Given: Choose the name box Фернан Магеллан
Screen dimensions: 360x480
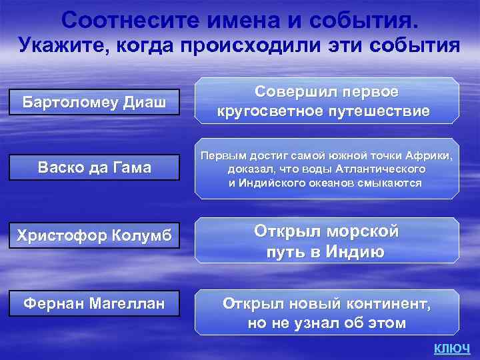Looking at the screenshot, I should pos(95,303).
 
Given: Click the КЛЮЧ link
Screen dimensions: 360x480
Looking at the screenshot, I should pos(452,349).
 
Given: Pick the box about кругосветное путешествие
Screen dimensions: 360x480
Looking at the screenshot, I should pos(327,101).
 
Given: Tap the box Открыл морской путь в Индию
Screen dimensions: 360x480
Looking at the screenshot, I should pos(327,241).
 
